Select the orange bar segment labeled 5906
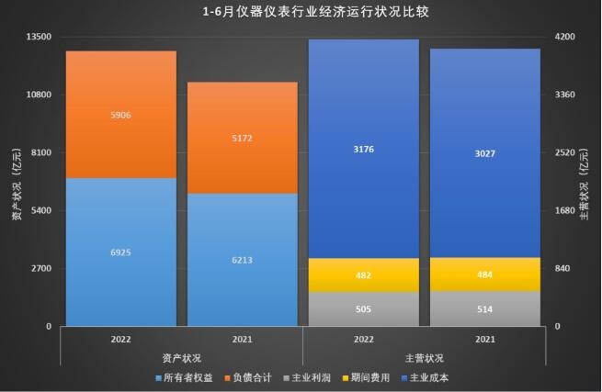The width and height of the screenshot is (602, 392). coord(121,115)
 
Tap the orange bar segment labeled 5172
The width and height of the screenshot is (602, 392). coord(243,138)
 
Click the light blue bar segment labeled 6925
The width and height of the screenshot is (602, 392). coord(121,252)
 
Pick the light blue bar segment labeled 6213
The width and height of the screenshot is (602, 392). coord(243,260)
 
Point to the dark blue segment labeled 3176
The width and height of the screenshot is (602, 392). coord(364,149)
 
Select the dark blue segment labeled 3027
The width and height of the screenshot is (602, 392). coord(485,153)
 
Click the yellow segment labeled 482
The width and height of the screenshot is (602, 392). coord(364,275)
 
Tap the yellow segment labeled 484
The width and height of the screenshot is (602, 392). coord(485,274)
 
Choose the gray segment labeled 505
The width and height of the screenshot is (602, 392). coord(364,309)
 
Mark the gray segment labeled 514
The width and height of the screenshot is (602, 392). coord(485,309)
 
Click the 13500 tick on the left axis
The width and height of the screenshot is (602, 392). coord(38,37)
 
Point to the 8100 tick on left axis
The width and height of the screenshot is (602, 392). coord(40,152)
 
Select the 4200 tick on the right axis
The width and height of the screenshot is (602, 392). coord(563,37)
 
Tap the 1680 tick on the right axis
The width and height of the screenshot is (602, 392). coord(563,210)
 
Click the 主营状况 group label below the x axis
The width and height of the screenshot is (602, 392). coord(424,357)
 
